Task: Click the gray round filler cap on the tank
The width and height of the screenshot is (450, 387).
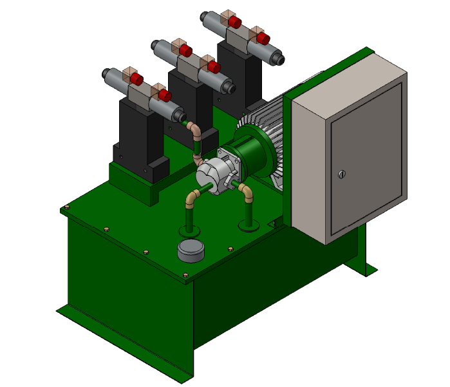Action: (191, 250)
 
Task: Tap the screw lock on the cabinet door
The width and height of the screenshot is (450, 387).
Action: (342, 173)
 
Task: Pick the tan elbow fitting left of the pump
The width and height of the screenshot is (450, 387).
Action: (191, 200)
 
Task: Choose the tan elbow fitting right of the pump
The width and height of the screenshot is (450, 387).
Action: (246, 191)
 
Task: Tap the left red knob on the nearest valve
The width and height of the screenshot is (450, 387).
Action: (136, 79)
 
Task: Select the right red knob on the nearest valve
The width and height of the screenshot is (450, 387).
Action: (164, 96)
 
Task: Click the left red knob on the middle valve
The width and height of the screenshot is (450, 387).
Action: (185, 51)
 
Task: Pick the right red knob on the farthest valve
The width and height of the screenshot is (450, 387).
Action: (263, 38)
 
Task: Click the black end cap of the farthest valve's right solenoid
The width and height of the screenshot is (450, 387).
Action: (281, 59)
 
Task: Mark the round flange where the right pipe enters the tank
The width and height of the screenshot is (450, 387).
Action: (249, 225)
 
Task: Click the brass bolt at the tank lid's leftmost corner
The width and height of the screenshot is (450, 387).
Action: (66, 208)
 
